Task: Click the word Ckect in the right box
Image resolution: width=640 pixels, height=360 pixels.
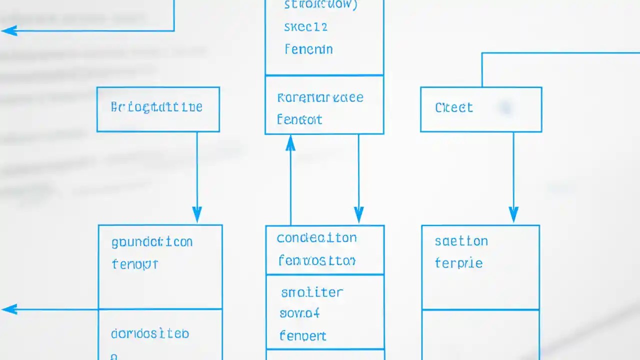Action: pos(453,107)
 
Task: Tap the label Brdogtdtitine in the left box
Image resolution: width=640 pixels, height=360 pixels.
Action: pos(156,107)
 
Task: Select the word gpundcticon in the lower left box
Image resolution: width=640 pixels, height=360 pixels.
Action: pos(152,242)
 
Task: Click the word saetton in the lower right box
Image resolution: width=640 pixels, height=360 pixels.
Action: pos(461,241)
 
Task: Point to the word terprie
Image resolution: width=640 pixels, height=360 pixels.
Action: pos(458,263)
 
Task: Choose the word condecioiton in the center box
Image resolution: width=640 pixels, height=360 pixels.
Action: pos(316,238)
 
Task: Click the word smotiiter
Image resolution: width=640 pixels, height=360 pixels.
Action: pos(312,292)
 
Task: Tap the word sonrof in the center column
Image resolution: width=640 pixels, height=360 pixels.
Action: pos(299,313)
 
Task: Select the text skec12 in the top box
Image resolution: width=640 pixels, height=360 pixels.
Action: pos(305,27)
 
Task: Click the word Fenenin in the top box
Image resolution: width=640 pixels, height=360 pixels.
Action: pos(308,49)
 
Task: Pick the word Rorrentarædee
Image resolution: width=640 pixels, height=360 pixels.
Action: pos(320,97)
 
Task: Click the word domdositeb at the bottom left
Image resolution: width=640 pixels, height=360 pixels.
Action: pos(150,333)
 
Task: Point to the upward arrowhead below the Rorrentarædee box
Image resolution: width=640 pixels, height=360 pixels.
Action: pos(290,143)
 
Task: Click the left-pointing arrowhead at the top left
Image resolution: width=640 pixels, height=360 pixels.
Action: pos(9,31)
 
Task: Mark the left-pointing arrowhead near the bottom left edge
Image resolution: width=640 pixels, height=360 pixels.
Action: pos(9,309)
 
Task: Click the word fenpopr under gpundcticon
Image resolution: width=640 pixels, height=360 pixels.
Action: pos(135,264)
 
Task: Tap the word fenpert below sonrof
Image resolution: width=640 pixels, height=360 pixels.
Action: pos(302,335)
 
